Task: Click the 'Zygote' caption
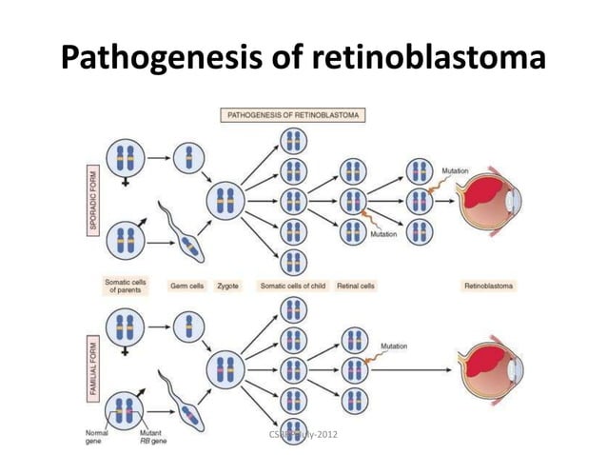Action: tap(228, 285)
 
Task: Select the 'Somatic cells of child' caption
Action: tap(292, 285)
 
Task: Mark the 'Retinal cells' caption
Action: tap(355, 285)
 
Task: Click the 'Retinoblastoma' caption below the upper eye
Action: tap(488, 285)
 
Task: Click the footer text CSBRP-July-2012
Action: tap(303, 434)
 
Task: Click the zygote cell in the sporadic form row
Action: tap(228, 202)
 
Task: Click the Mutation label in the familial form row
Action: tap(396, 346)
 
